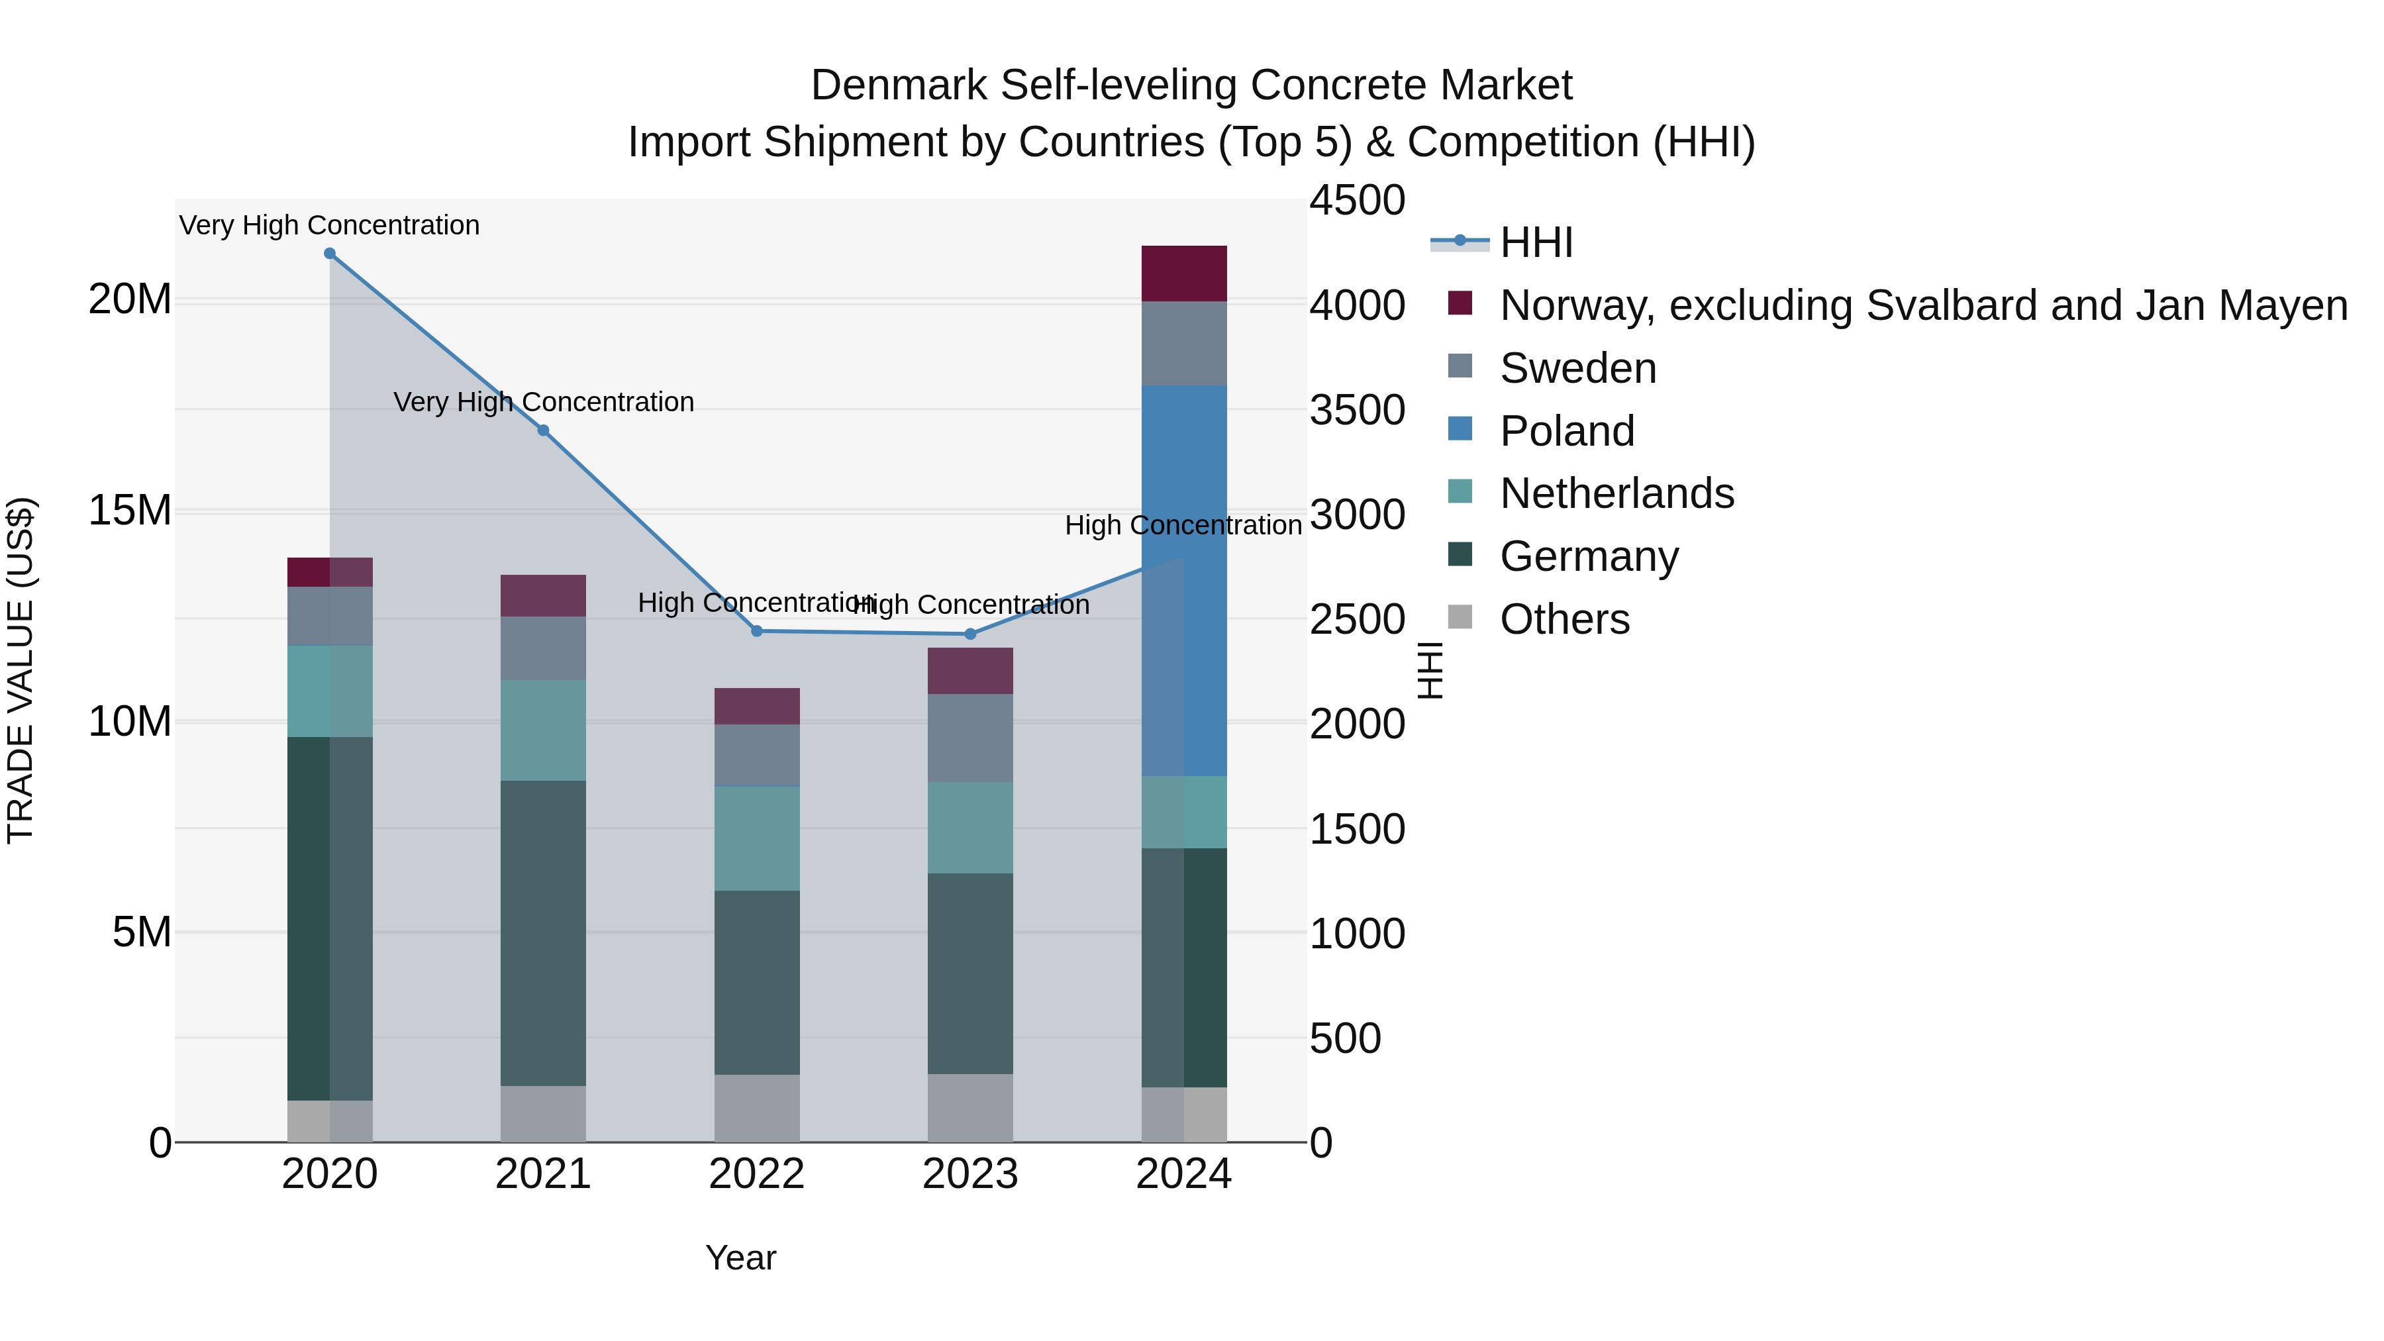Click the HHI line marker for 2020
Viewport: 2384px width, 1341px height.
[330, 254]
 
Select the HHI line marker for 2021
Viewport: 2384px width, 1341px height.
[543, 430]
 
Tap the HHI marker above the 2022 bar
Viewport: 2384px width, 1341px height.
[757, 631]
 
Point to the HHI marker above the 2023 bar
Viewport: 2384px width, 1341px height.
[971, 634]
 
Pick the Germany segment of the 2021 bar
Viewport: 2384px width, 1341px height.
[543, 933]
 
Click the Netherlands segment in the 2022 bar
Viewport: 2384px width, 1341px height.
[757, 838]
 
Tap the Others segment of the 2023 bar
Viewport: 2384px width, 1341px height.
[971, 1108]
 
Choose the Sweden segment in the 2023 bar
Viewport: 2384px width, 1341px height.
[971, 738]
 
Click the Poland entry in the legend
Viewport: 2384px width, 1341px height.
[1567, 431]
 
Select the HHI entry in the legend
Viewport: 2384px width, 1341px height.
[1536, 242]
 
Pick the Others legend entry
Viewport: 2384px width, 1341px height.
[1564, 619]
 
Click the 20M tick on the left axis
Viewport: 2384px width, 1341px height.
[130, 300]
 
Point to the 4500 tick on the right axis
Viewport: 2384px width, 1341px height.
[1357, 201]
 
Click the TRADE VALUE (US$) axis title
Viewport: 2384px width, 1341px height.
[21, 670]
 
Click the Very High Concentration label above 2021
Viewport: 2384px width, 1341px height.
[543, 403]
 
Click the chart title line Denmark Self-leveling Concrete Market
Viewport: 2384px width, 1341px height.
[1191, 86]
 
